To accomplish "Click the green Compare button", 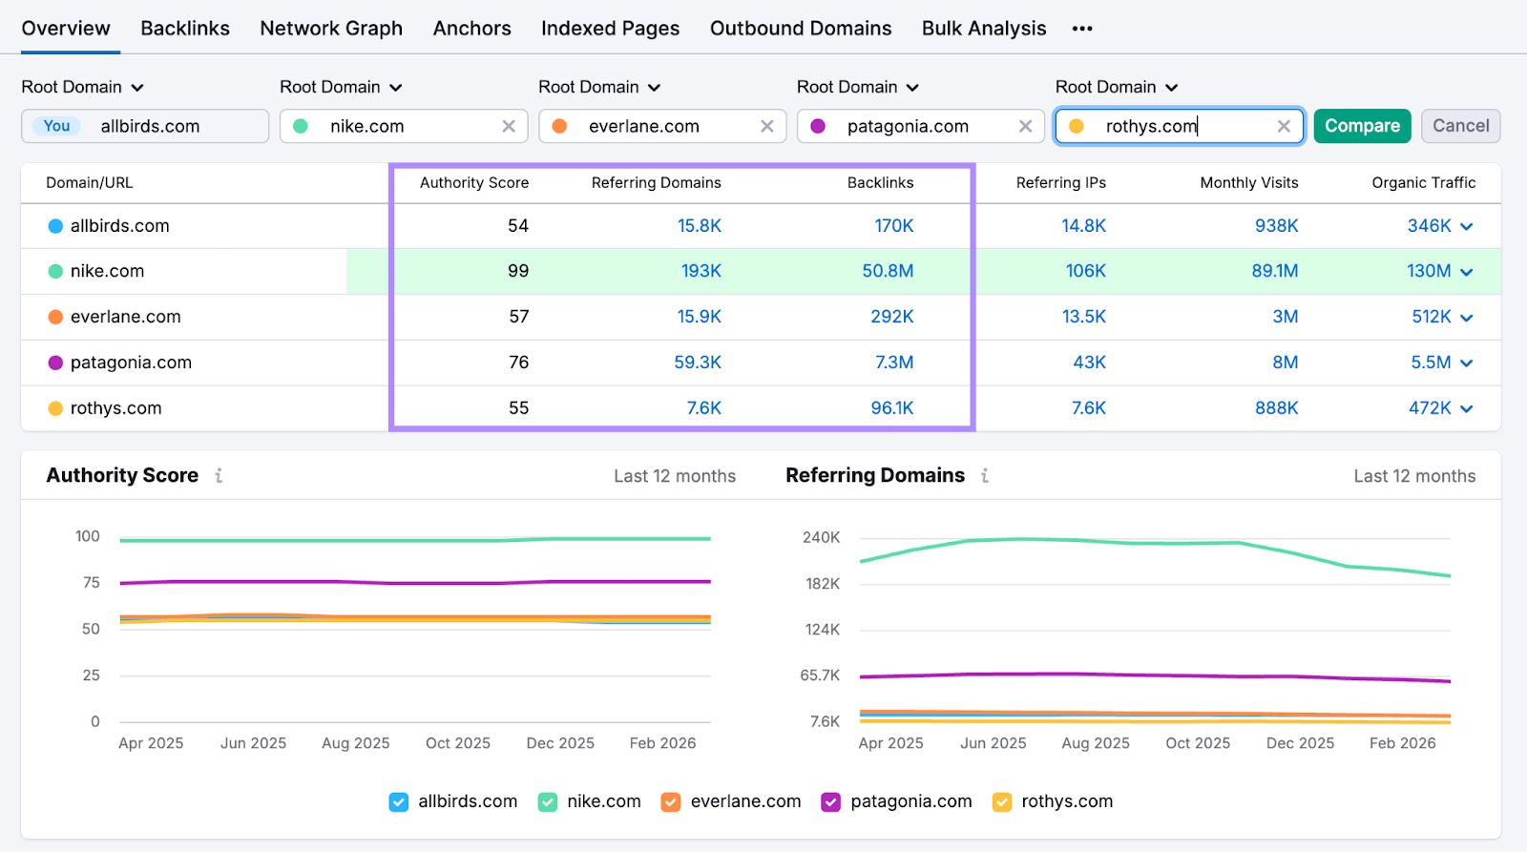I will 1361,126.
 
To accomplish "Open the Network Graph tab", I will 331,29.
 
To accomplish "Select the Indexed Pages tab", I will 610,29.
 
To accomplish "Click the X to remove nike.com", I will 509,126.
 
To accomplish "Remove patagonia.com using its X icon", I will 1025,126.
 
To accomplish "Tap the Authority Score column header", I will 473,183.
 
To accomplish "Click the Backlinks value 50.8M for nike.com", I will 888,271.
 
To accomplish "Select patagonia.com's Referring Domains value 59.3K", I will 698,363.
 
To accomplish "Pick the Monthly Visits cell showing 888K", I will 1276,408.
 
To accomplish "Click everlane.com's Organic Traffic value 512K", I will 1431,317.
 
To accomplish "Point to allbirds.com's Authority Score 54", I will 518,226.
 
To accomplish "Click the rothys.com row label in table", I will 115,408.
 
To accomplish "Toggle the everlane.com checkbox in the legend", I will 671,802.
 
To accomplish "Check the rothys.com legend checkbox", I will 1001,802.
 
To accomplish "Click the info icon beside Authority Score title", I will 219,475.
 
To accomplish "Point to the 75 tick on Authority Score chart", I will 92,582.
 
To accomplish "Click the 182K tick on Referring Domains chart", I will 822,584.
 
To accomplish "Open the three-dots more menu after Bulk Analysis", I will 1081,29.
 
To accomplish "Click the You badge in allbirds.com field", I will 57,126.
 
